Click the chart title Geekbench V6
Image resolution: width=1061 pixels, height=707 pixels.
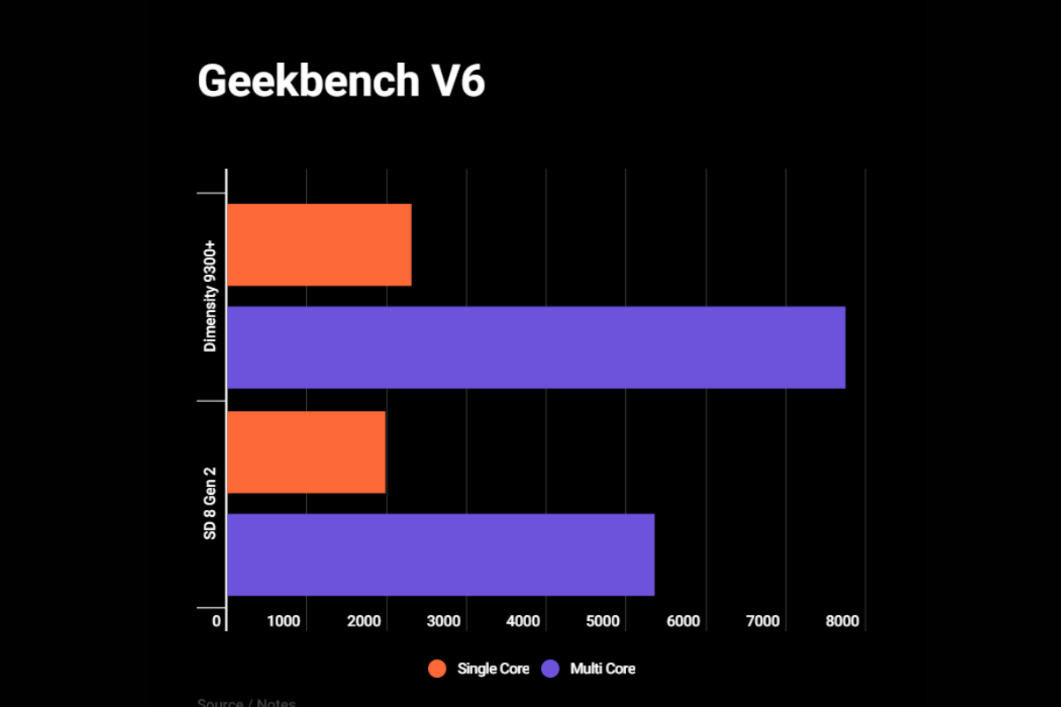point(341,81)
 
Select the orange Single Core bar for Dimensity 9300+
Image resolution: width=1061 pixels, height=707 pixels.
point(319,245)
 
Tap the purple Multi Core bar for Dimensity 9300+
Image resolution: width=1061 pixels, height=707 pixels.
point(536,347)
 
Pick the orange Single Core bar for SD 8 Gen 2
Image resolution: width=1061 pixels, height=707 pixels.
point(306,452)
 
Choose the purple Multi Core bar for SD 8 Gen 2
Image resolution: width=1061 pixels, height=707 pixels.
point(440,554)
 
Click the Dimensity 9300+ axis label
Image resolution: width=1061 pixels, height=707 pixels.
point(210,294)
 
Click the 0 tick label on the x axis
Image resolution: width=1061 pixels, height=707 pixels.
point(217,621)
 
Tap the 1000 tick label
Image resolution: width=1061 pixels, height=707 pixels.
point(284,621)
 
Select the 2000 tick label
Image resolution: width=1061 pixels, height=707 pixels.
point(363,621)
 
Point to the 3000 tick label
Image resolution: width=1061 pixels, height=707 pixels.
point(444,621)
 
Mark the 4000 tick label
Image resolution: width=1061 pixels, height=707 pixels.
point(523,621)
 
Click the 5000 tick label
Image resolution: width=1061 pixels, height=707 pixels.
point(603,621)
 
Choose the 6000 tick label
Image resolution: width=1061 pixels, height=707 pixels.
point(683,621)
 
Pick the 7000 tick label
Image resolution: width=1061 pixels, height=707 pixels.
point(763,621)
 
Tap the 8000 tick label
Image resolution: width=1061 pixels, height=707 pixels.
point(843,621)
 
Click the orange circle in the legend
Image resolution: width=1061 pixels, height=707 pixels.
point(437,669)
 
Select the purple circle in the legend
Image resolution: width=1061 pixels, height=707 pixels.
point(550,669)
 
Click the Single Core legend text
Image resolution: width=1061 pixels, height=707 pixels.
point(493,669)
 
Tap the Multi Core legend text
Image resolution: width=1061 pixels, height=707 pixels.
point(603,669)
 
